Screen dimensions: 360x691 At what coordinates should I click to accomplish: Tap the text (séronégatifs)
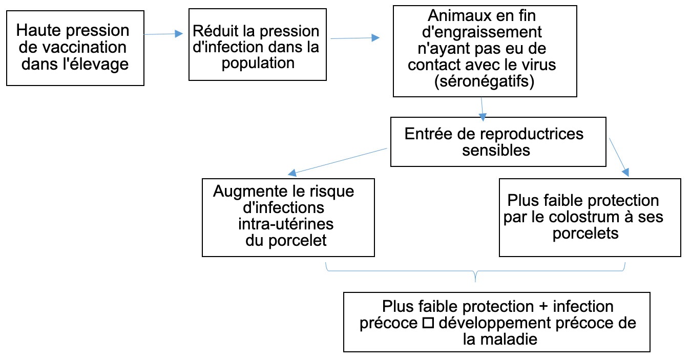[483, 82]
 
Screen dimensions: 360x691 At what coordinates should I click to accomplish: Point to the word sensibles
[496, 151]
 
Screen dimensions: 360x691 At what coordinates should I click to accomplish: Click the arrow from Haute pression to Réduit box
[163, 34]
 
